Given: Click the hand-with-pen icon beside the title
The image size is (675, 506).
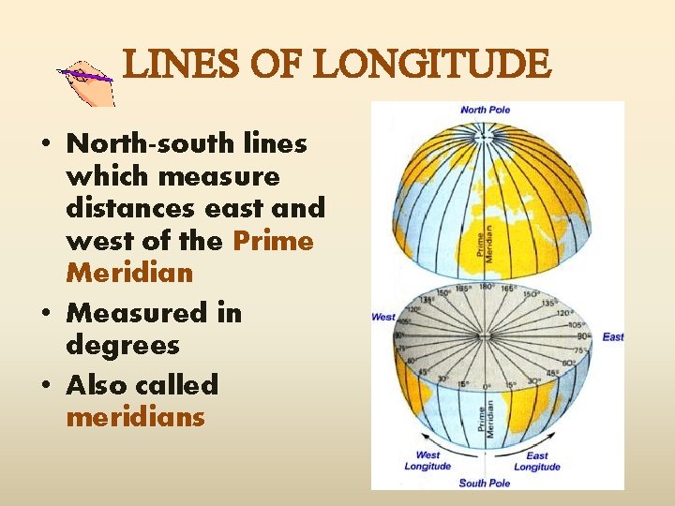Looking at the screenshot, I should pyautogui.click(x=86, y=81).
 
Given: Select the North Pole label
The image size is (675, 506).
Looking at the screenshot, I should pyautogui.click(x=486, y=110).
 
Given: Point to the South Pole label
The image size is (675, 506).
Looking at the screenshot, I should pyautogui.click(x=485, y=483).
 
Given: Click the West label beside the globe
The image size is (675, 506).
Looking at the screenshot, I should pyautogui.click(x=384, y=317).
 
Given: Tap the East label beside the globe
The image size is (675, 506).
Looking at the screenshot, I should pyautogui.click(x=613, y=337).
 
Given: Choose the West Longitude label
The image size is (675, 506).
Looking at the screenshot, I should pyautogui.click(x=427, y=461).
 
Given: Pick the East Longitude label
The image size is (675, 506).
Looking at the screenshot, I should pyautogui.click(x=537, y=461).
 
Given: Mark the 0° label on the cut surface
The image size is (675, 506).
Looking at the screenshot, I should pyautogui.click(x=486, y=385).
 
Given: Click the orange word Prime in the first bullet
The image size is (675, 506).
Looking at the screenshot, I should pyautogui.click(x=274, y=241).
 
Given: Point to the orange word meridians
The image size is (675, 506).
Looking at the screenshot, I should pyautogui.click(x=135, y=417).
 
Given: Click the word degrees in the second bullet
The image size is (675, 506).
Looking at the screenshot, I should pyautogui.click(x=122, y=346).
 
